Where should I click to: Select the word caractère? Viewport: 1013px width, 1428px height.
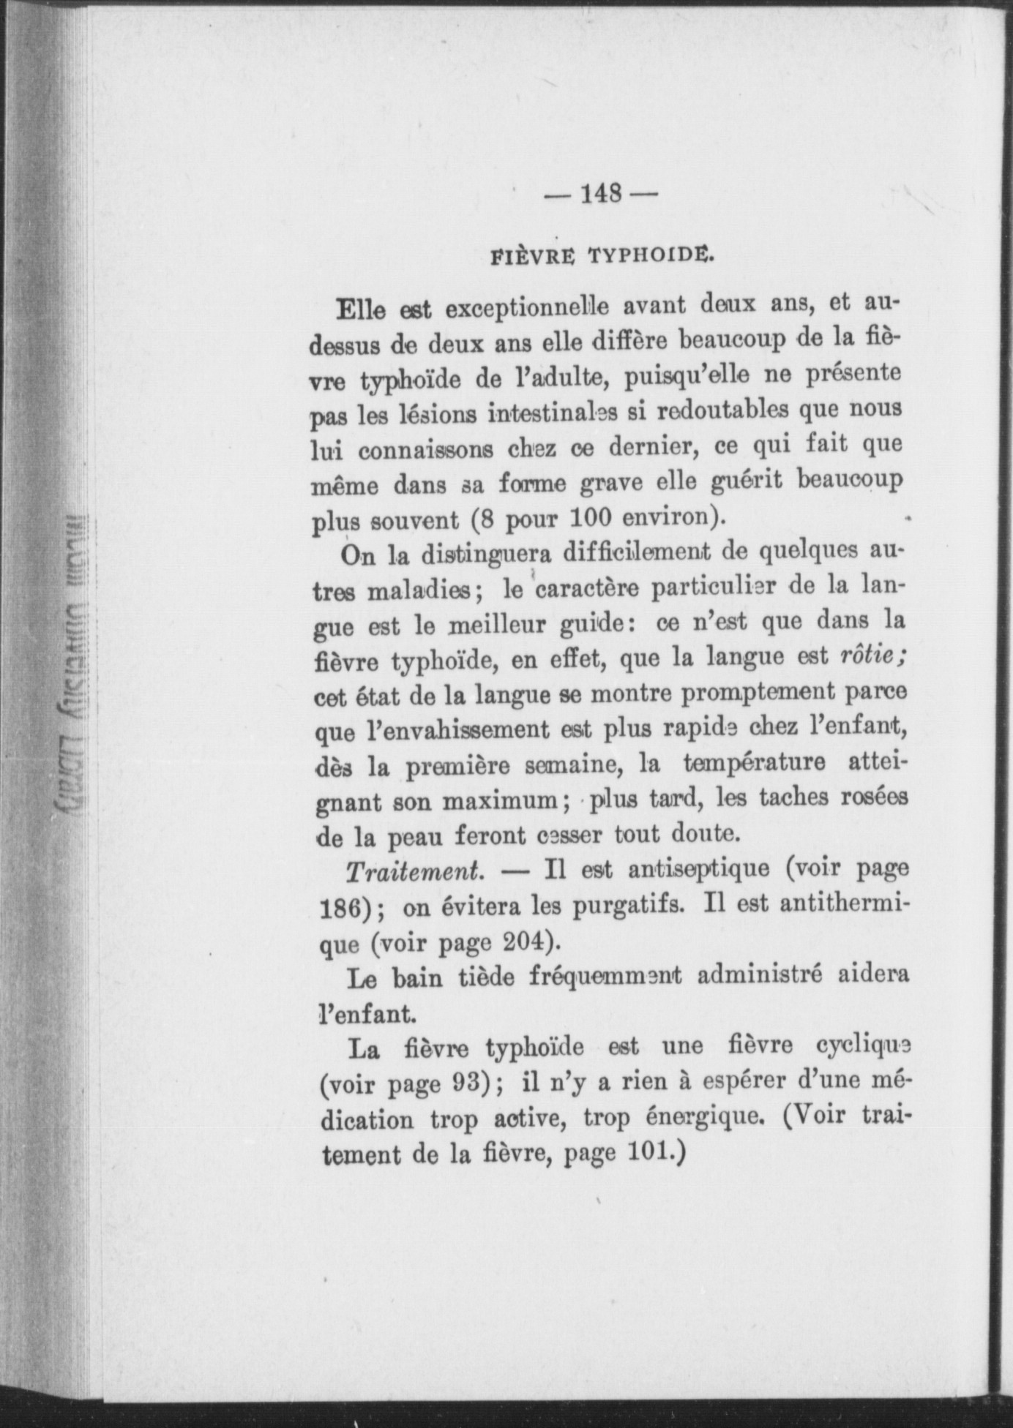[x=588, y=589]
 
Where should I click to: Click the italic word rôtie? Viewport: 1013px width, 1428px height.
[x=869, y=656]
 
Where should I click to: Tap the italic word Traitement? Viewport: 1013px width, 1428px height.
[x=414, y=871]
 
